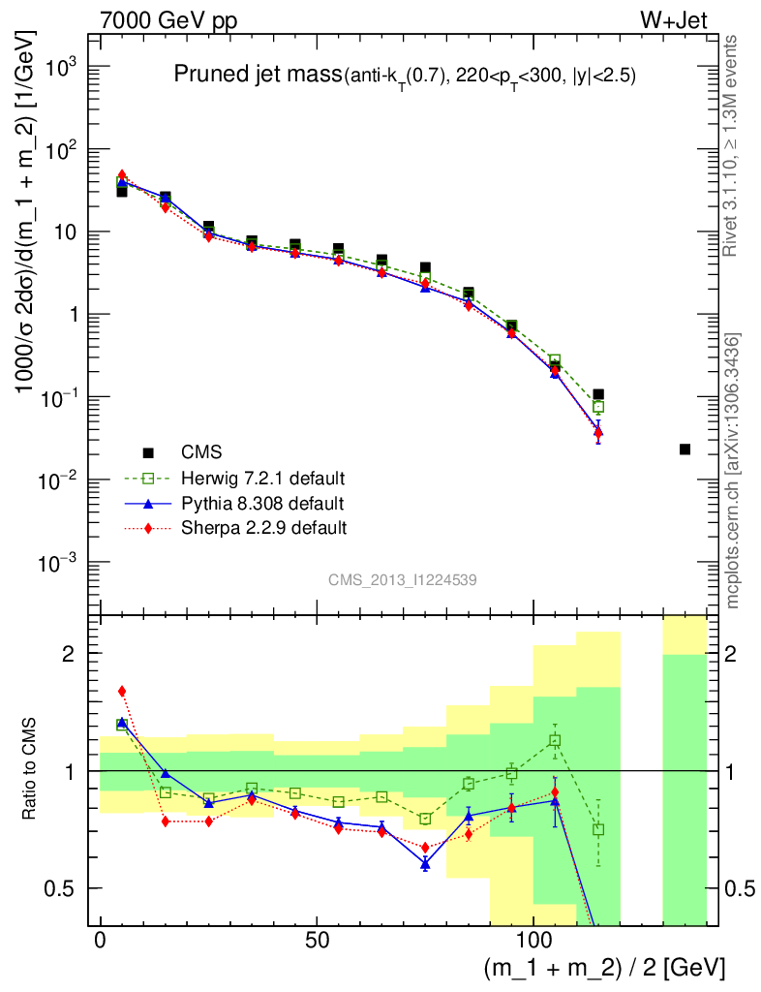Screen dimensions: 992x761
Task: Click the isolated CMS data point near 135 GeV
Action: tap(685, 449)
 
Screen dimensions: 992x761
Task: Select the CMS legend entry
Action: tap(201, 452)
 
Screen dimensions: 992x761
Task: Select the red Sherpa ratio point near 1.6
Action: tap(122, 691)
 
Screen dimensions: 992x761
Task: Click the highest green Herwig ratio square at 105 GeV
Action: tap(555, 740)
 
